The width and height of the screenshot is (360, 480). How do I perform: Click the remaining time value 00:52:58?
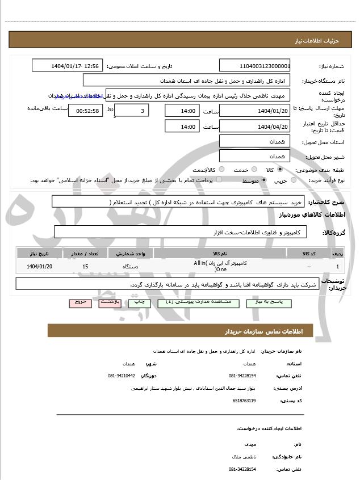[85, 111]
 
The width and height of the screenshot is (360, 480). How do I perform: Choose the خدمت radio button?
[253, 170]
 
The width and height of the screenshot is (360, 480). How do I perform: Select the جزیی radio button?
[293, 180]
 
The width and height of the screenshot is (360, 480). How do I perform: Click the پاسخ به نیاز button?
[270, 303]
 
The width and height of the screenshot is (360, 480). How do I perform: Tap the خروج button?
[79, 303]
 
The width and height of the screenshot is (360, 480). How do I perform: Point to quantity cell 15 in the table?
[85, 266]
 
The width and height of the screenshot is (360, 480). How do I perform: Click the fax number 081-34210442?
[122, 376]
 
